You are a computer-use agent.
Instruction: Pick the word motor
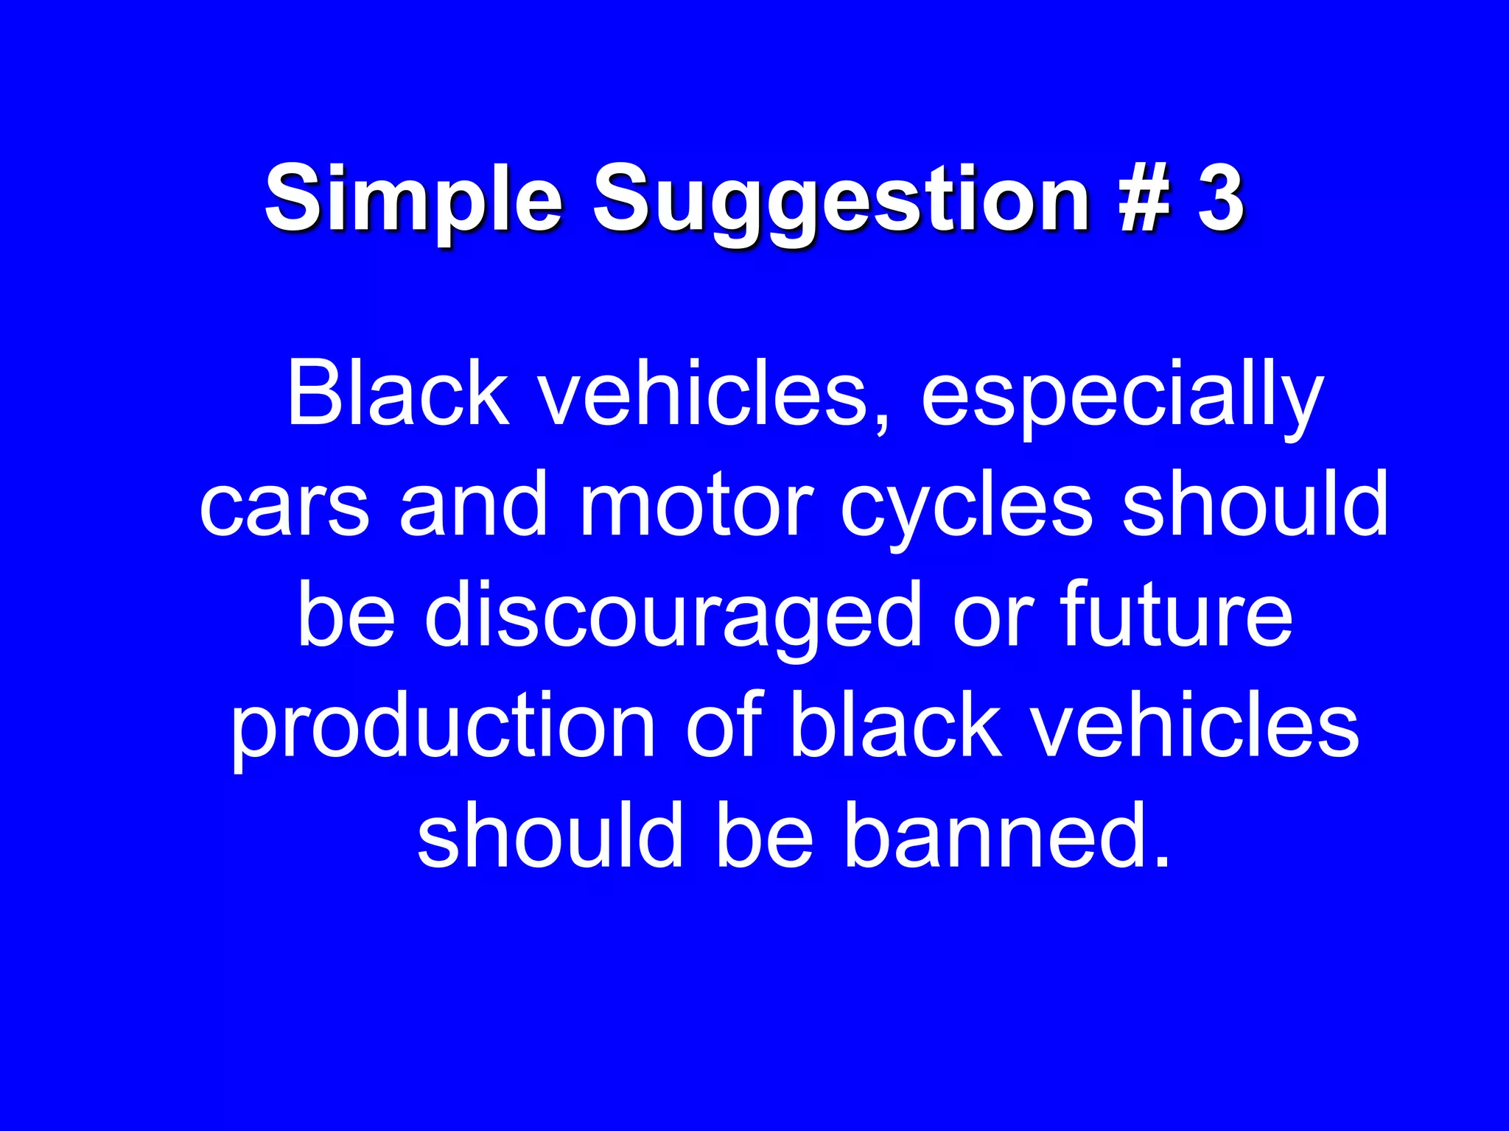[x=696, y=505]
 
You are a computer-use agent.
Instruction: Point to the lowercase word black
[x=895, y=725]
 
